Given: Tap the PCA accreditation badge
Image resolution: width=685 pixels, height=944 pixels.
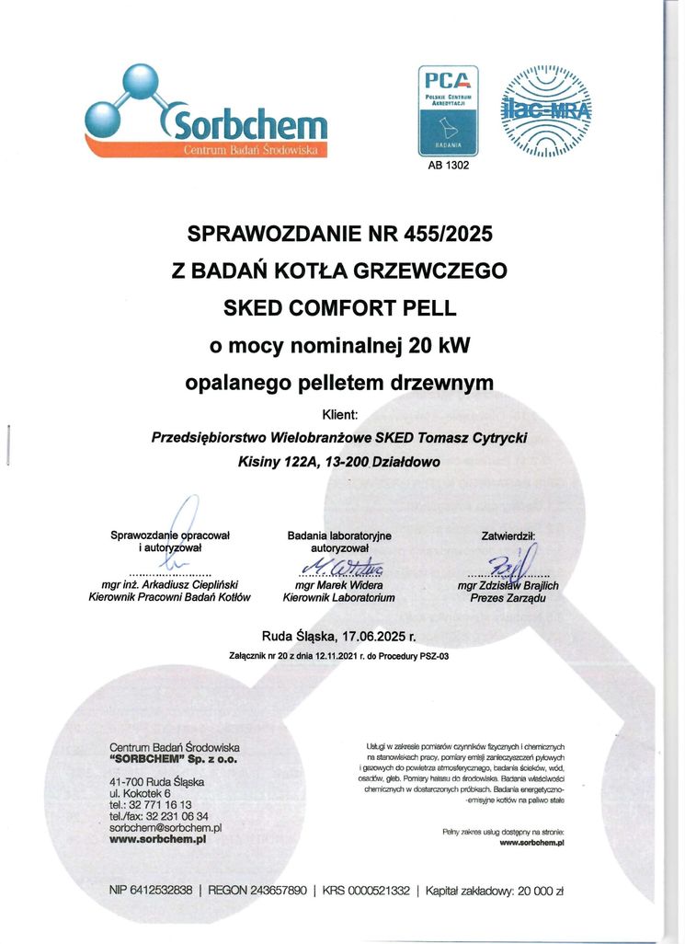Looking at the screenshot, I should [x=443, y=110].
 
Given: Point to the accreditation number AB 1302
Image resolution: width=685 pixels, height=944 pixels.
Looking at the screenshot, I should [x=443, y=166].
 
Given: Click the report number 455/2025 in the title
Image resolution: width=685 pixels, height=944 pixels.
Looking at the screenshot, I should [x=439, y=234].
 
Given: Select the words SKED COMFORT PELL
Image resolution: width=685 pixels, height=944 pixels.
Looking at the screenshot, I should [x=339, y=307].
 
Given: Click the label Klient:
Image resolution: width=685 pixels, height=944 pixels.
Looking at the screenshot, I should [x=341, y=415].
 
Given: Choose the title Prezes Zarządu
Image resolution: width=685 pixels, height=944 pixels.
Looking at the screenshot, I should [x=508, y=598].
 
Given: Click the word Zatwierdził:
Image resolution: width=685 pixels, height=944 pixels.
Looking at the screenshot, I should [x=508, y=535].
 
